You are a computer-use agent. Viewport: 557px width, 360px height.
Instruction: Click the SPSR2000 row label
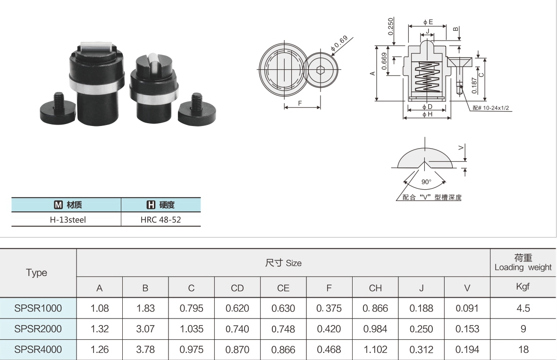tap(38, 329)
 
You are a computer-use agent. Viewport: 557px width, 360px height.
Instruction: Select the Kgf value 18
tap(523, 349)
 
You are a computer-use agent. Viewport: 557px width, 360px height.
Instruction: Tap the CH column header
tap(375, 288)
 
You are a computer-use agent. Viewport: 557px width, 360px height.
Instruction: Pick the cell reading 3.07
tap(145, 329)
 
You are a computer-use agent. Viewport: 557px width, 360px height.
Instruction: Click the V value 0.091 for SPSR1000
tap(467, 308)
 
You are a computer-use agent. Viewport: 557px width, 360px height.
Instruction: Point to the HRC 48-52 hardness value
tap(160, 220)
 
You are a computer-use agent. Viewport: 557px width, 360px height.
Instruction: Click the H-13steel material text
tap(68, 220)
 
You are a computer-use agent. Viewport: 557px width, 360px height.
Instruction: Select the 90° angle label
tap(426, 182)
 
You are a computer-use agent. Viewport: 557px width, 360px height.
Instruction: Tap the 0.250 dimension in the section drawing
tap(391, 26)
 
